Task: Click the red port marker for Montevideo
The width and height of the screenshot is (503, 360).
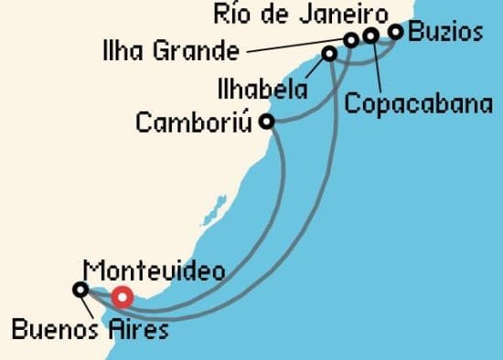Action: tap(122, 296)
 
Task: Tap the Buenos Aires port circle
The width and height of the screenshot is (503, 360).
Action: tap(80, 290)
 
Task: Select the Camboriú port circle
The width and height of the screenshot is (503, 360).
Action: tap(266, 121)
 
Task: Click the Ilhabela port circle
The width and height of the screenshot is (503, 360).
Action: tap(329, 55)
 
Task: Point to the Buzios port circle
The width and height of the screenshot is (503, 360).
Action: tap(396, 32)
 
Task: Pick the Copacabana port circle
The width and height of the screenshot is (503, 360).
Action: tap(370, 36)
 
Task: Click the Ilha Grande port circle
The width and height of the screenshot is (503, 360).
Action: tap(350, 39)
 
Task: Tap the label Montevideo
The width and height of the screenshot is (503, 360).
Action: tap(153, 270)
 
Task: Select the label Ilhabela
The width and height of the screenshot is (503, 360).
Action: tap(255, 90)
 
